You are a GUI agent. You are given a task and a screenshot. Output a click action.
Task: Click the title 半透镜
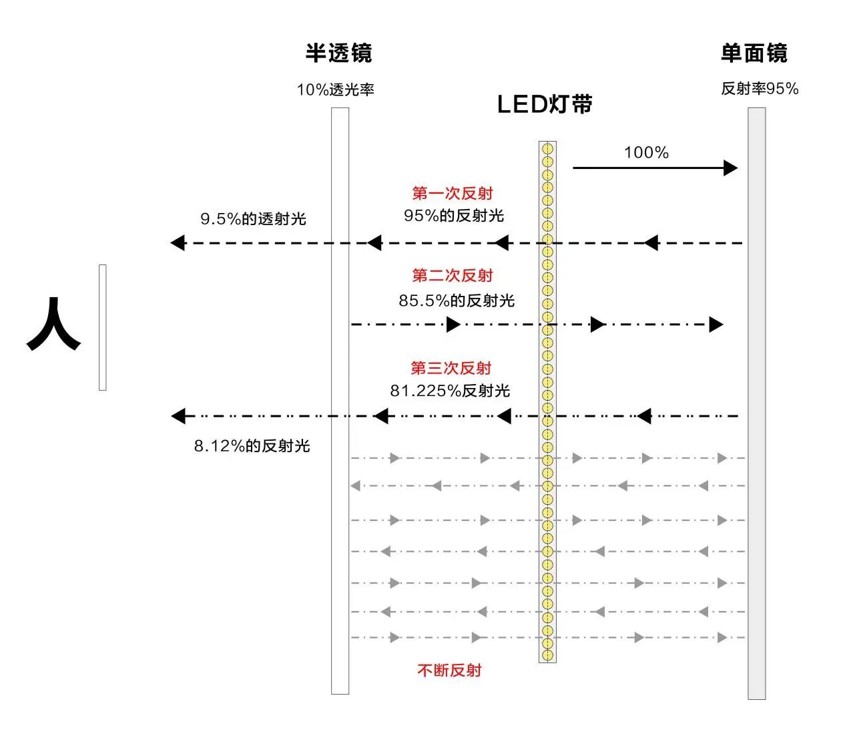click(x=338, y=53)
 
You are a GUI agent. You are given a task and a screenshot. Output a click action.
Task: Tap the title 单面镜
click(x=754, y=53)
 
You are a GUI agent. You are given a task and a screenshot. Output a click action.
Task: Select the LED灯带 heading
click(x=545, y=105)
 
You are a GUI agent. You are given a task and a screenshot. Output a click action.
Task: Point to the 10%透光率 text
click(x=336, y=89)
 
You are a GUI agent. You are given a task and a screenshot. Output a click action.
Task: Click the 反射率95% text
click(x=760, y=89)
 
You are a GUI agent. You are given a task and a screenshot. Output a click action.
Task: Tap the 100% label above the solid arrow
click(x=646, y=153)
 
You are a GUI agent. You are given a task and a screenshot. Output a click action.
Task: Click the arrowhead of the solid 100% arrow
click(x=731, y=168)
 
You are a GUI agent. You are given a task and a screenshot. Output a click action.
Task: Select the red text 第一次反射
click(x=453, y=194)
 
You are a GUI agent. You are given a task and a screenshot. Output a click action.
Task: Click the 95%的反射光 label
click(x=454, y=216)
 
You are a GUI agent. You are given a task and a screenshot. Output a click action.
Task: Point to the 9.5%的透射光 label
click(x=253, y=219)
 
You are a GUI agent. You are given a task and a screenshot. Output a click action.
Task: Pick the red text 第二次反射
click(x=453, y=275)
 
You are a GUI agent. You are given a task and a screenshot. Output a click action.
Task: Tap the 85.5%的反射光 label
click(x=457, y=301)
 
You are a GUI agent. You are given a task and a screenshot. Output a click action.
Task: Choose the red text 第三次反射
click(x=451, y=368)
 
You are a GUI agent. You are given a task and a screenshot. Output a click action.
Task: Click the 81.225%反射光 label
click(x=450, y=391)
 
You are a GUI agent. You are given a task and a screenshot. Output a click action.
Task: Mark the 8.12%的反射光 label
click(x=252, y=446)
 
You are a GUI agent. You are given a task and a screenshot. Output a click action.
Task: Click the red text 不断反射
click(x=449, y=670)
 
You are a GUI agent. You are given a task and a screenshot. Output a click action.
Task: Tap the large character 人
click(x=53, y=325)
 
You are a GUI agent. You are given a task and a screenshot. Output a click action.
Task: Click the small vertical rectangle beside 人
click(x=103, y=327)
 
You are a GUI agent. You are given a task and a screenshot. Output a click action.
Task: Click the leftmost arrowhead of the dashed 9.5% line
click(x=178, y=242)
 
